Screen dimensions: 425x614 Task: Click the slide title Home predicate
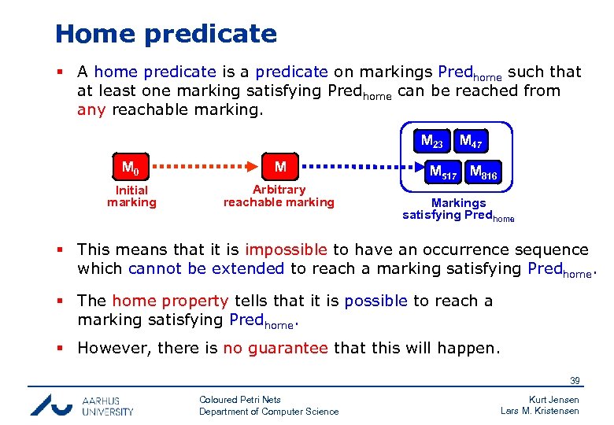tap(166, 34)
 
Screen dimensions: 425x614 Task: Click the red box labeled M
tap(279, 167)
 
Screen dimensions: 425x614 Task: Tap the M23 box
tap(432, 142)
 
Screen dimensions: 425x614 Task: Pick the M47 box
tap(471, 142)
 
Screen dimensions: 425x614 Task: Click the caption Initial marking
tap(131, 196)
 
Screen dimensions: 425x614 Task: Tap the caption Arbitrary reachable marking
tap(279, 196)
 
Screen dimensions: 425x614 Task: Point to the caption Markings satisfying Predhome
tap(458, 209)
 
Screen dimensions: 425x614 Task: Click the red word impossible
tap(286, 249)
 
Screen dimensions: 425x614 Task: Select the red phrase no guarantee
tap(276, 348)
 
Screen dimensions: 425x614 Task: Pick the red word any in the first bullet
tap(91, 109)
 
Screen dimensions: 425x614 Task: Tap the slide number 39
tap(575, 381)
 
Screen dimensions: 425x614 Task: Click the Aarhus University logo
tap(82, 405)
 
